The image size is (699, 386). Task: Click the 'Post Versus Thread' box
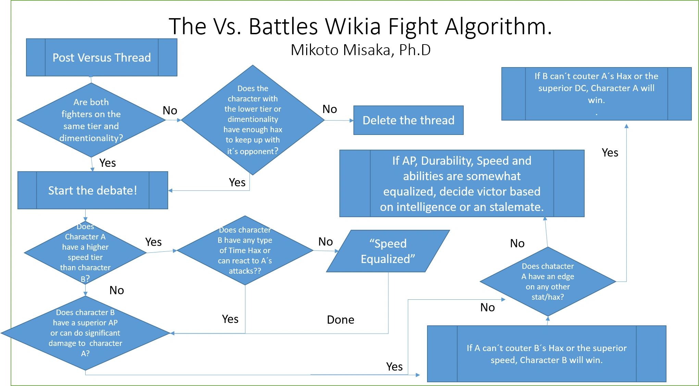tap(101, 58)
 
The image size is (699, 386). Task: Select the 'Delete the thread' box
tap(408, 120)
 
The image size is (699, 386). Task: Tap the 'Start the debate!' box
tap(92, 190)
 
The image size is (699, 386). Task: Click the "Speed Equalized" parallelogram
tap(388, 251)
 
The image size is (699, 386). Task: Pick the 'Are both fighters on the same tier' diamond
tap(91, 120)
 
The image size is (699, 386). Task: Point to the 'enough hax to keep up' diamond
tap(253, 120)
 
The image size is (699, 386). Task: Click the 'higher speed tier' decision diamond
tap(85, 253)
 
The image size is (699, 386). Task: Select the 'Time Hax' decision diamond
tap(245, 250)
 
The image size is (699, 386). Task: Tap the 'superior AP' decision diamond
tap(85, 333)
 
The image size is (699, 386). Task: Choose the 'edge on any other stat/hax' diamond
tap(548, 282)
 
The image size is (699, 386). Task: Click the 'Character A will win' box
tap(596, 94)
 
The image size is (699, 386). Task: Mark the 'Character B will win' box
tap(547, 354)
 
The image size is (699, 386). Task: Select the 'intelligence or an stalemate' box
tap(462, 184)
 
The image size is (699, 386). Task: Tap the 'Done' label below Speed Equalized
tap(340, 320)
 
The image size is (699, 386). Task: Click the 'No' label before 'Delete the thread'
tap(329, 109)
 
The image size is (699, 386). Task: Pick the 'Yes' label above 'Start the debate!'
tap(107, 163)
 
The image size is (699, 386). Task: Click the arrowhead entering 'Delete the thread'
tap(351, 121)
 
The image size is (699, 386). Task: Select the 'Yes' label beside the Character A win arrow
tap(610, 152)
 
